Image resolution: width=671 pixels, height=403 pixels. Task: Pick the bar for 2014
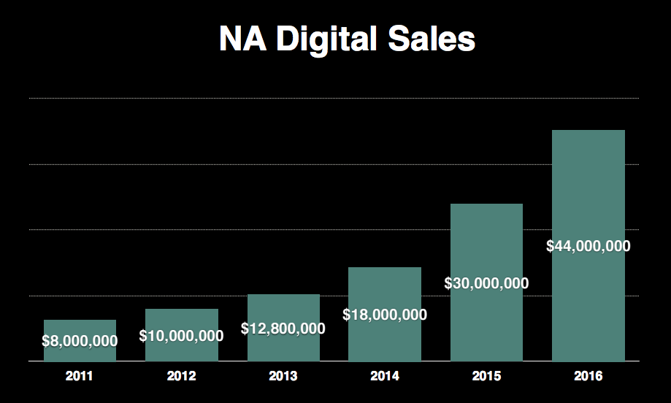(x=385, y=292)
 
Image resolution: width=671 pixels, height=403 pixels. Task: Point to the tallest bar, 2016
(x=588, y=190)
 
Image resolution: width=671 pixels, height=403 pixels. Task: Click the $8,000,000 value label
(x=80, y=340)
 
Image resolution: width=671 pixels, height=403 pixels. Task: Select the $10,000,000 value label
(x=182, y=336)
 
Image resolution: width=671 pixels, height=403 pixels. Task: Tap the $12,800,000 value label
(x=283, y=329)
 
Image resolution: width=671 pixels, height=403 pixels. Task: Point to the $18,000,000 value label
(x=385, y=315)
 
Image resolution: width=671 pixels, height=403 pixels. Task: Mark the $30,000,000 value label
(x=486, y=283)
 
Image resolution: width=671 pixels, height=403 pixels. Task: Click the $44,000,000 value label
(x=588, y=246)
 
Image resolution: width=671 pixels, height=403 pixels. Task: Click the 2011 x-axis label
(x=80, y=377)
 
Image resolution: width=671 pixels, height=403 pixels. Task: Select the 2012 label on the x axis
(x=182, y=377)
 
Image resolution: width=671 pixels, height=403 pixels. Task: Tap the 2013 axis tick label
(x=283, y=377)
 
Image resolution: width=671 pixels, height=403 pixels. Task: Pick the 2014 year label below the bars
(x=385, y=377)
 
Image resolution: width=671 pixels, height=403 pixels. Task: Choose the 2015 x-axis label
(x=486, y=377)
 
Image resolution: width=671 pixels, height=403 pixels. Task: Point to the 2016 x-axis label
(x=588, y=377)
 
